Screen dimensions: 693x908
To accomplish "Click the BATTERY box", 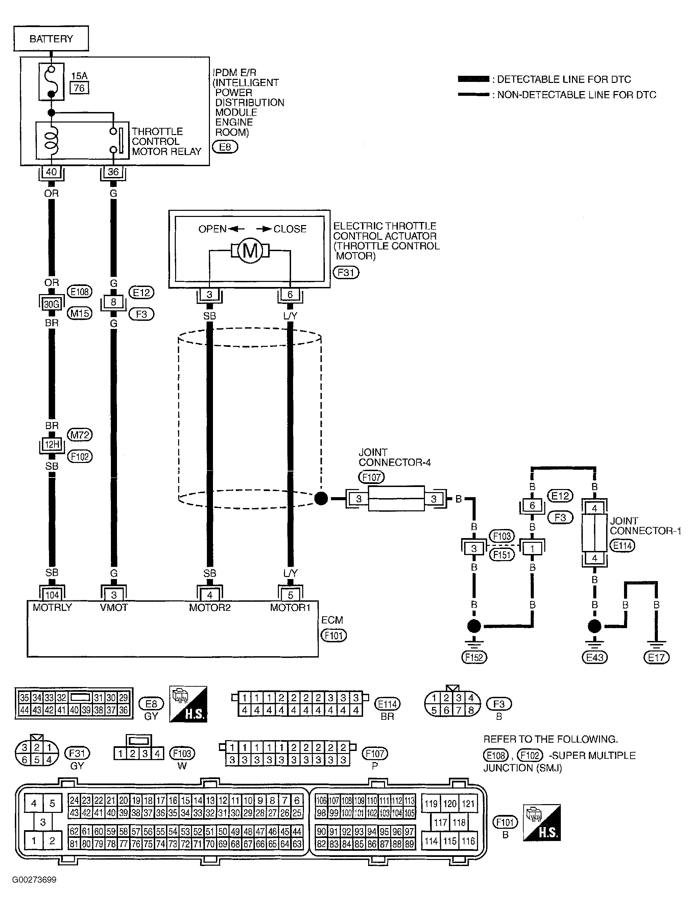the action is tap(51, 38).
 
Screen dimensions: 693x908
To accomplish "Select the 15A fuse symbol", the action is tap(51, 81).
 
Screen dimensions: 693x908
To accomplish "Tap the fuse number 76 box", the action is tap(79, 88).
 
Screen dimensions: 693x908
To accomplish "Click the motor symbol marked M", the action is tap(250, 250).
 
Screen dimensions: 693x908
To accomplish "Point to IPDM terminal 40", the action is tap(51, 172).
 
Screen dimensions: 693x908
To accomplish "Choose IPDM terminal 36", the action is tap(113, 172).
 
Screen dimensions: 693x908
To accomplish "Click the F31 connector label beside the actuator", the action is tap(346, 272).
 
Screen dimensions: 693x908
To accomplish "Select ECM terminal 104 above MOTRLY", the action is tap(52, 595).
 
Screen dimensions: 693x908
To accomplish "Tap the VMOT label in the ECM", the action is tap(114, 607).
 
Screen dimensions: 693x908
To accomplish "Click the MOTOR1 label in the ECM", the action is tap(290, 607).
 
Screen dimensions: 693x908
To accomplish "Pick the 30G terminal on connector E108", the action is tap(51, 304).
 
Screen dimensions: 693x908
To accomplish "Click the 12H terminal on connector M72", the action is tap(52, 445).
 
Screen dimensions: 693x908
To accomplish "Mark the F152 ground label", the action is tap(474, 657).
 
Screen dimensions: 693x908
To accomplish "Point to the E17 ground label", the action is tap(656, 657).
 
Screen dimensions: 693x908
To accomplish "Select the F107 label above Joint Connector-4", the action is tap(371, 477).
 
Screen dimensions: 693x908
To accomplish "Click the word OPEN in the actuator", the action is tap(212, 229).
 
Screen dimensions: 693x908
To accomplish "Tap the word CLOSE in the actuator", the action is tap(290, 229).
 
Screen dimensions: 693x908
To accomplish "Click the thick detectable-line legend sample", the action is tap(474, 79).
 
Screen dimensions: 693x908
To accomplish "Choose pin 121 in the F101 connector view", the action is tap(468, 803).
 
